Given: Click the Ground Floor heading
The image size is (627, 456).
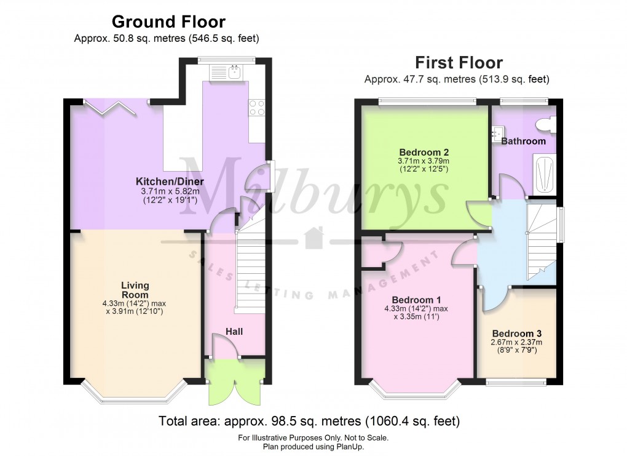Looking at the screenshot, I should pyautogui.click(x=168, y=23).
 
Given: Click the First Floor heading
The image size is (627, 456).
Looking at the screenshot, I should pyautogui.click(x=458, y=63).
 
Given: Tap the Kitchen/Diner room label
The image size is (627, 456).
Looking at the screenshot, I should pyautogui.click(x=170, y=182).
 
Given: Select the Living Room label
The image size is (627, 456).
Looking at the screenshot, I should pyautogui.click(x=135, y=290).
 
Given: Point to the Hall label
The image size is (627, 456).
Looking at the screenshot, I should pyautogui.click(x=234, y=332).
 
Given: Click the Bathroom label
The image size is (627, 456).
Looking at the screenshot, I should pyautogui.click(x=523, y=142).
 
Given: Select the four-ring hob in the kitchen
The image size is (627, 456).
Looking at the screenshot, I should pyautogui.click(x=257, y=108).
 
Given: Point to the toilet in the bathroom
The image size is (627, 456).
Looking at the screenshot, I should pyautogui.click(x=545, y=126).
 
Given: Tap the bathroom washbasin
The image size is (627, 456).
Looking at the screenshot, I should pyautogui.click(x=498, y=132).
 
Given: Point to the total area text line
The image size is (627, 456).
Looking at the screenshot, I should pyautogui.click(x=309, y=422).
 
